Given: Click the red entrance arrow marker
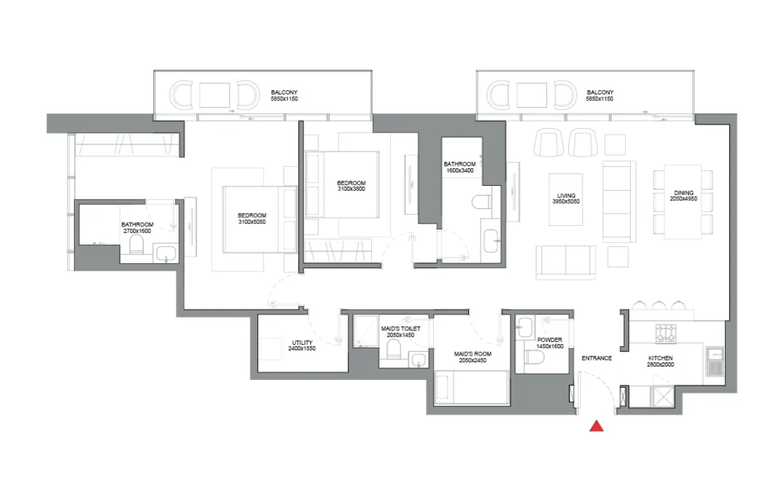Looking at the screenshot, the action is tap(597, 426).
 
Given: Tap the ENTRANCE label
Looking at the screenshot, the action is tap(597, 358).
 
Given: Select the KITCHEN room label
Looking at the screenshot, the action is tap(660, 358).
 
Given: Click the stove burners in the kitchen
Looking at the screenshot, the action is tap(666, 332).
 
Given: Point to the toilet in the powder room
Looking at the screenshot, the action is tap(534, 358).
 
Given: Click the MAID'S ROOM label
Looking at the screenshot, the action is tap(472, 354).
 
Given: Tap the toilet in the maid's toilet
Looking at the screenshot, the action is tap(394, 349).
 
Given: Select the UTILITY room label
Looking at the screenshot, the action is tap(302, 343).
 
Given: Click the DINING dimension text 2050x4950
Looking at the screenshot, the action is tap(684, 199).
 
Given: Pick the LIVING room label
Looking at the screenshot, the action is tap(566, 195).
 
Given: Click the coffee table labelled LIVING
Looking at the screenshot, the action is tap(565, 199).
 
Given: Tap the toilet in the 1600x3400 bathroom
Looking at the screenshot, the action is tap(482, 202).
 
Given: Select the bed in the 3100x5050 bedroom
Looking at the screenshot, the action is tap(260, 219).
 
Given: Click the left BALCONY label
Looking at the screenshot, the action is tap(284, 92).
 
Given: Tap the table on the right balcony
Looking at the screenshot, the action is tap(532, 95).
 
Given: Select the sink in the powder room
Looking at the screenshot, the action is tap(525, 327).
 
